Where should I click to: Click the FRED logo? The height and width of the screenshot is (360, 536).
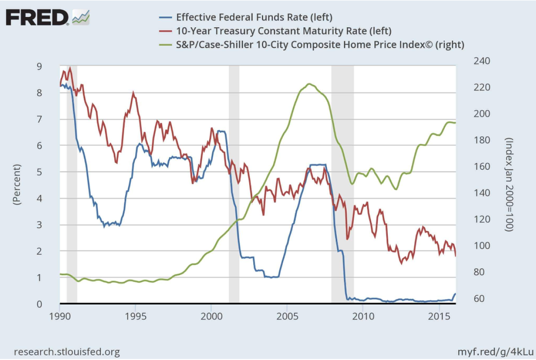[38, 18]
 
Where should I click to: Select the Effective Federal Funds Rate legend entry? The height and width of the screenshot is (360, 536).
[255, 17]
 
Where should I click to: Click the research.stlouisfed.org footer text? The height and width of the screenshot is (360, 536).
[67, 352]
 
